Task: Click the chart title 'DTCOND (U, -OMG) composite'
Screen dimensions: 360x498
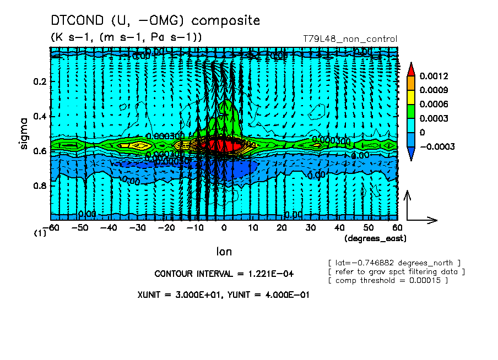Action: pos(155,21)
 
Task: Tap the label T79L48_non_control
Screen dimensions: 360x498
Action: pos(350,39)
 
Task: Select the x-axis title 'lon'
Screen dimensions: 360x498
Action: pos(224,252)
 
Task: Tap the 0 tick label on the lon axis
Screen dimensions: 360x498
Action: pos(224,227)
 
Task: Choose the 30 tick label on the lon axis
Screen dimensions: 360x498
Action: pos(310,227)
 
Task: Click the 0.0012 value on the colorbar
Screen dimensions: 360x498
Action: pos(433,75)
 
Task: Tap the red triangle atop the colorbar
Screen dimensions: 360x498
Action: pos(411,69)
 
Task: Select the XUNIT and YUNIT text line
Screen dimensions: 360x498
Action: pos(223,294)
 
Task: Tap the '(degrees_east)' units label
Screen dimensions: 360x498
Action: pos(376,238)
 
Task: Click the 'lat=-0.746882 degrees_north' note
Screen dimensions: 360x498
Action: pos(394,262)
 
